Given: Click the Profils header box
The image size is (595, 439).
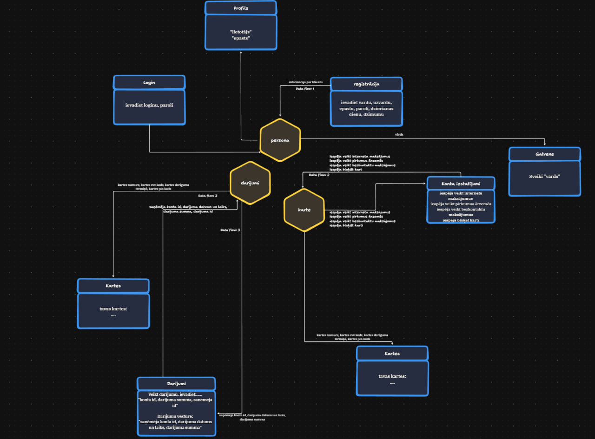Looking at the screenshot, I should point(241,8).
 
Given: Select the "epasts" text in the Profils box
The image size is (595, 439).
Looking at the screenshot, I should point(241,38).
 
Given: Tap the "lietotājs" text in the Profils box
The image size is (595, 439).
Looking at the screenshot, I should point(241,32).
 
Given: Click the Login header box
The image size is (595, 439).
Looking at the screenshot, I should point(149,82).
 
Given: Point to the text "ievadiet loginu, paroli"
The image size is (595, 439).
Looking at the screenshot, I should point(149,105).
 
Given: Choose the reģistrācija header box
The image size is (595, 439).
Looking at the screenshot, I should point(366,84).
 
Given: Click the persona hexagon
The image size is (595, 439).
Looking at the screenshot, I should point(280,140).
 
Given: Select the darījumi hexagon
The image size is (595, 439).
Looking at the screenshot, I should point(250,183).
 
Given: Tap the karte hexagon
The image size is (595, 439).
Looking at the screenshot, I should point(304,210).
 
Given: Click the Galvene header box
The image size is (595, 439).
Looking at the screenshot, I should point(545,154).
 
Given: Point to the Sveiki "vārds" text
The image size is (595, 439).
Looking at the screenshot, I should point(545,177).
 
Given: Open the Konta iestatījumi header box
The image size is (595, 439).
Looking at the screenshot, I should point(461,183).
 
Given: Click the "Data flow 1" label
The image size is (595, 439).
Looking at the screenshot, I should point(305,88).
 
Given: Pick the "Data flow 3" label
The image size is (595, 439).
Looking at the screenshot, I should point(230,230).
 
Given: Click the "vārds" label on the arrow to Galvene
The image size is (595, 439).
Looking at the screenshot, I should point(399,134).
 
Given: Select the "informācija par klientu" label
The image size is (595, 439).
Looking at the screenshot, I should point(305,82).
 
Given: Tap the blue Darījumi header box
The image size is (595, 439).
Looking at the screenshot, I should point(176,383).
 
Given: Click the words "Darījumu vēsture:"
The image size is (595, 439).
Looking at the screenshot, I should point(176,416).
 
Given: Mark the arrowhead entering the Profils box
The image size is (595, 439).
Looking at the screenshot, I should point(241,52).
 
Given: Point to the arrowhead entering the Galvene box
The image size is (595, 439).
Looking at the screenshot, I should point(545,144).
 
